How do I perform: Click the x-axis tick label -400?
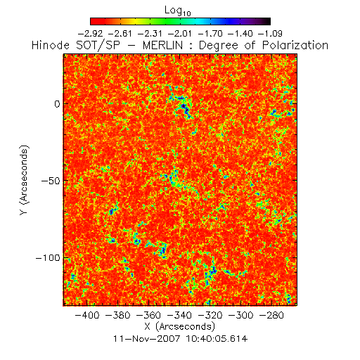coord(87,315)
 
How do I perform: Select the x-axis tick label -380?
coord(118,315)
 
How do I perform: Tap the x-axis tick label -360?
coord(148,315)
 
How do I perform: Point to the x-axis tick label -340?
coord(179,315)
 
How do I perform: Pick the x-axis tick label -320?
coord(210,315)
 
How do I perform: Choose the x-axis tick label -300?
coord(241,315)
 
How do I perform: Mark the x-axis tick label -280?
coord(271,315)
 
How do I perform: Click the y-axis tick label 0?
coord(57,103)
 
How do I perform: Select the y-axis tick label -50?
coord(51,181)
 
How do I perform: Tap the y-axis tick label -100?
coord(48,258)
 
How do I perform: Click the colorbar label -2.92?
coord(90,34)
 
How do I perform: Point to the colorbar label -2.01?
coord(180,34)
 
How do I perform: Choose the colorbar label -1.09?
coord(270,34)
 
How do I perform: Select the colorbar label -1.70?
coord(210,34)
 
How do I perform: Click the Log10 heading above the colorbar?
coord(178,11)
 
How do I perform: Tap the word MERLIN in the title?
coord(162,45)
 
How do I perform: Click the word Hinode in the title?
coord(51,45)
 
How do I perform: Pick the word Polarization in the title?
coord(295,45)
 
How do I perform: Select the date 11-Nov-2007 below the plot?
coord(147,339)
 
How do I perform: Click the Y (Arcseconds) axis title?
coord(24,180)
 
